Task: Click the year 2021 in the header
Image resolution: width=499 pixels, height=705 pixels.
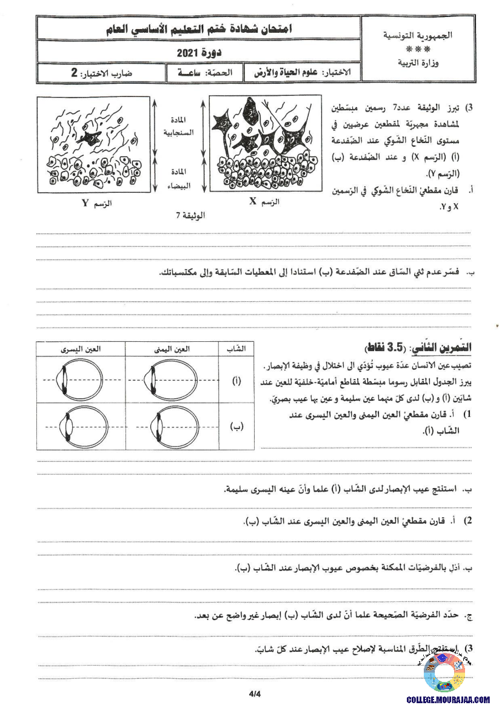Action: coord(185,53)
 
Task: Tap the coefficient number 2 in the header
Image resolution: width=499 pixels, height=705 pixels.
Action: coord(74,73)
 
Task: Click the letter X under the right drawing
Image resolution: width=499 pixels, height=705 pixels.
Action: coord(253,202)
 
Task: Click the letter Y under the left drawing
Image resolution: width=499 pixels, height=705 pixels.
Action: coord(85,202)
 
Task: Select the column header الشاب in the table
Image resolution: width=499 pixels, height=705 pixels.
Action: coord(235,349)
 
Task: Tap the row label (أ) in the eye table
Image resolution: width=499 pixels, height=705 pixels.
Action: coord(236,381)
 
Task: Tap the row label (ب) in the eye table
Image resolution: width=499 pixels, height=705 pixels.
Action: coord(236,426)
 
